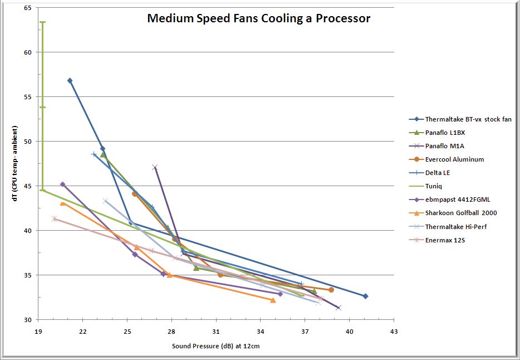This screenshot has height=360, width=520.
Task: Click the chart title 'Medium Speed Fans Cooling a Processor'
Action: pyautogui.click(x=258, y=18)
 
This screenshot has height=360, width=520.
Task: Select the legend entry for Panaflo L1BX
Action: pyautogui.click(x=444, y=133)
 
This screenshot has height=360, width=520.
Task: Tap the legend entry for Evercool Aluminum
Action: pyautogui.click(x=454, y=159)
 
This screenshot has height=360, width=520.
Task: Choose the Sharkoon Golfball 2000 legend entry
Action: pyautogui.click(x=460, y=213)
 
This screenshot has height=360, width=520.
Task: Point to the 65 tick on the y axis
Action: pyautogui.click(x=28, y=8)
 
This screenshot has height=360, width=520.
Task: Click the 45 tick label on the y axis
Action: pyautogui.click(x=28, y=186)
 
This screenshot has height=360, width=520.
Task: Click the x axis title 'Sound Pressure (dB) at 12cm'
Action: pyautogui.click(x=216, y=347)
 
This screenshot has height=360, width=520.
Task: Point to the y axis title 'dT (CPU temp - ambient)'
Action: pyautogui.click(x=12, y=164)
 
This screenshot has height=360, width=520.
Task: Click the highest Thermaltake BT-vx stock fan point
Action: pyautogui.click(x=70, y=81)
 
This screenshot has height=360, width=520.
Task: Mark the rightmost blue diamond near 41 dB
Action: pyautogui.click(x=365, y=296)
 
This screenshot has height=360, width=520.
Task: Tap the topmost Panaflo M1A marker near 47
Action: pyautogui.click(x=155, y=167)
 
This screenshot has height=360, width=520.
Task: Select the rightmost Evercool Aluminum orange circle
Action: pyautogui.click(x=331, y=290)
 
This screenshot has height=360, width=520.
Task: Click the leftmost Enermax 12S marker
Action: pyautogui.click(x=54, y=218)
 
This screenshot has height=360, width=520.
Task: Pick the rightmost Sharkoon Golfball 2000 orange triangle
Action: pyautogui.click(x=273, y=300)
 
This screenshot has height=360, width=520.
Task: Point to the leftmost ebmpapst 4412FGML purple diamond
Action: pyautogui.click(x=62, y=184)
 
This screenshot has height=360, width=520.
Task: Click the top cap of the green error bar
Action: pyautogui.click(x=42, y=22)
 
